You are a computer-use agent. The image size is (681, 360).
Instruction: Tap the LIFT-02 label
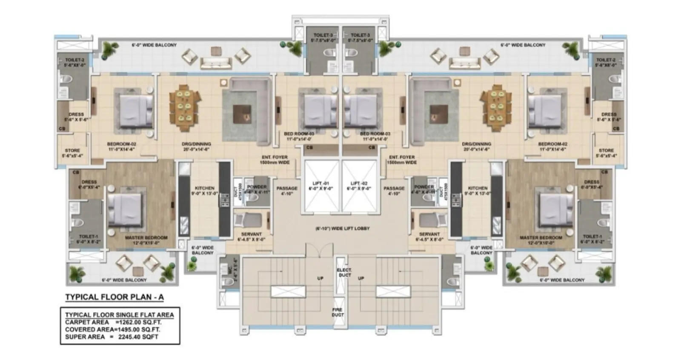[x=358, y=183]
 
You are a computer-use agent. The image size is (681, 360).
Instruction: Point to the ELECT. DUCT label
[x=344, y=272]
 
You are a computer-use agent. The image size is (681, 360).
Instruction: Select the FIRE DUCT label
[x=338, y=312]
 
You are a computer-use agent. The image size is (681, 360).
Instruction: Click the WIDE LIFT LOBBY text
[x=343, y=229]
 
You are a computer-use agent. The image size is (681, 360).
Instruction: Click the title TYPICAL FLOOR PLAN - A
[x=114, y=297]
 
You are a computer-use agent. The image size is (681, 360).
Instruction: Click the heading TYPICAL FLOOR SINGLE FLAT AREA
[x=119, y=315]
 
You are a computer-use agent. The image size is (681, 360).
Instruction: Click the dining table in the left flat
[x=184, y=108]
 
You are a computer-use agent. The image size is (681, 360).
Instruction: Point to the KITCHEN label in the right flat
[x=478, y=188]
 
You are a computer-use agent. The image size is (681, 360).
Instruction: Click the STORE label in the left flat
[x=72, y=150]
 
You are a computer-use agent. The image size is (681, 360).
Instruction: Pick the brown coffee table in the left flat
[x=245, y=113]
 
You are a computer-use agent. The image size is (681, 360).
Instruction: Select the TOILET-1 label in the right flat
[x=592, y=237]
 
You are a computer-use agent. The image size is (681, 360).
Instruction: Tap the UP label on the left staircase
[x=320, y=278]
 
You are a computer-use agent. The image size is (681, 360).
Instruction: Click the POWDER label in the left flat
[x=257, y=187]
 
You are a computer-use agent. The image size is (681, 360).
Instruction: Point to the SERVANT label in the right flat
[x=429, y=234]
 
